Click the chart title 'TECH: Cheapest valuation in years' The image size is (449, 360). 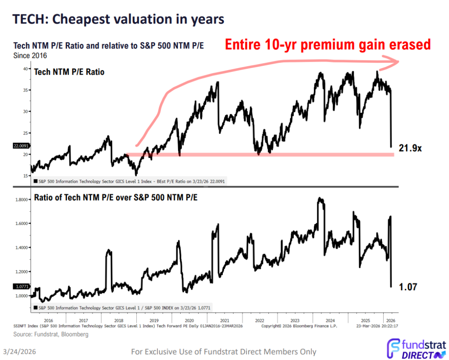[x=118, y=19]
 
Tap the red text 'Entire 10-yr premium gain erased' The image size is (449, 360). [x=328, y=45]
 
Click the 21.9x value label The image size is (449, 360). [x=410, y=149]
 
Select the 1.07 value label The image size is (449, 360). [x=408, y=287]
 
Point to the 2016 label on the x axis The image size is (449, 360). [x=48, y=321]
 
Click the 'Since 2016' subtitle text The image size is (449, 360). [x=30, y=56]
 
